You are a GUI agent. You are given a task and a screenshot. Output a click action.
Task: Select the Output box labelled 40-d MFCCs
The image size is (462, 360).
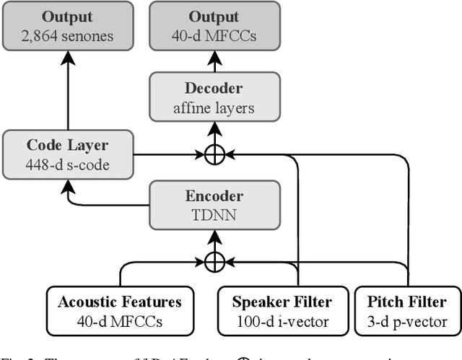(215, 26)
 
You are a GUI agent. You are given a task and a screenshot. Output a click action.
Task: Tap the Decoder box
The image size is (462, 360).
(215, 99)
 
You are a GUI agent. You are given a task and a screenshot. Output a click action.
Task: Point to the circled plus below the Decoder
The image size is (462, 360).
(215, 153)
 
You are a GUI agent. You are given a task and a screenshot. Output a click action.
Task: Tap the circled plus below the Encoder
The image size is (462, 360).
(214, 261)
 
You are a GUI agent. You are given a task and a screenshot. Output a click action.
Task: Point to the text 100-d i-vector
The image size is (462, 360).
(283, 322)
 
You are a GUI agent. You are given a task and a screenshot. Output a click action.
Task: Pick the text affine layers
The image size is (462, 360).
(215, 109)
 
